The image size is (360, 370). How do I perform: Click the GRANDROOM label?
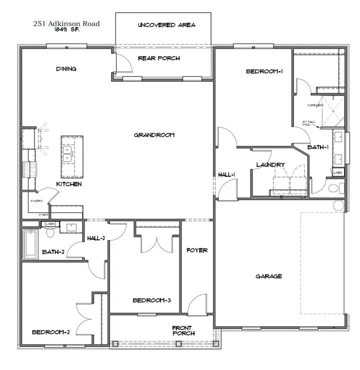154,135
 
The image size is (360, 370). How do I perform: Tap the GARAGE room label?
269,276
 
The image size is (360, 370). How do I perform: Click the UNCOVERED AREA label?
166,25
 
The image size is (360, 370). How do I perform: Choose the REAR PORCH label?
159,59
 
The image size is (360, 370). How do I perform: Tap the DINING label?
66,69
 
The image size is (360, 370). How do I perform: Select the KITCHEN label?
68,184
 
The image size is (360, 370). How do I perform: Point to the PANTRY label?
36,201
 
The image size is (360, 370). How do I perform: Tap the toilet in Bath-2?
50,232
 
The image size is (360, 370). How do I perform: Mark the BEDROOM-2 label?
50,331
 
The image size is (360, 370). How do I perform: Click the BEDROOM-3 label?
152,300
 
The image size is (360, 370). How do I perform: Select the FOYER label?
197,250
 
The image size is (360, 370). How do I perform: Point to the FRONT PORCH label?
183,330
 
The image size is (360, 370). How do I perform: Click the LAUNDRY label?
270,165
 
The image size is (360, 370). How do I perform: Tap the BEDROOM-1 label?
264,72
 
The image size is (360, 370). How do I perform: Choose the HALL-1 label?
226,175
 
